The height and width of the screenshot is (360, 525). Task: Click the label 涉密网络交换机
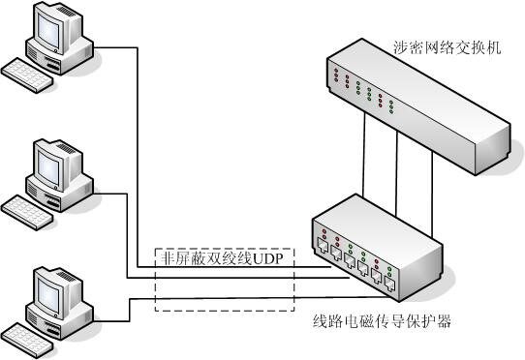(447, 47)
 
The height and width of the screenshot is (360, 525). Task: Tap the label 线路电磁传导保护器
(382, 321)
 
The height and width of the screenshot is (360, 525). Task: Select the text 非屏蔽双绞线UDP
(223, 258)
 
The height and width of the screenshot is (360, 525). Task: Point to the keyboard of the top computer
(27, 75)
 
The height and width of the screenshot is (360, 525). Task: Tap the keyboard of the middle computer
(27, 213)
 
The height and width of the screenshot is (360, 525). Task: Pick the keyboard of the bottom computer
(27, 341)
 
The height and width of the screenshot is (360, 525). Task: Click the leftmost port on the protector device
(323, 247)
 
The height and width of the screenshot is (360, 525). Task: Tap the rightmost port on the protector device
(389, 285)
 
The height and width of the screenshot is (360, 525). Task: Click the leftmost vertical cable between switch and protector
(363, 154)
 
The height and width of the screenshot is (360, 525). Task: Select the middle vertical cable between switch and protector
(397, 173)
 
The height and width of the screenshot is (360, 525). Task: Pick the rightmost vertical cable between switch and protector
(432, 195)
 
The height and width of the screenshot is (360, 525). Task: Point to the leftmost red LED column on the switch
(336, 75)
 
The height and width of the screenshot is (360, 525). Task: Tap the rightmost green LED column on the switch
(391, 107)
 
